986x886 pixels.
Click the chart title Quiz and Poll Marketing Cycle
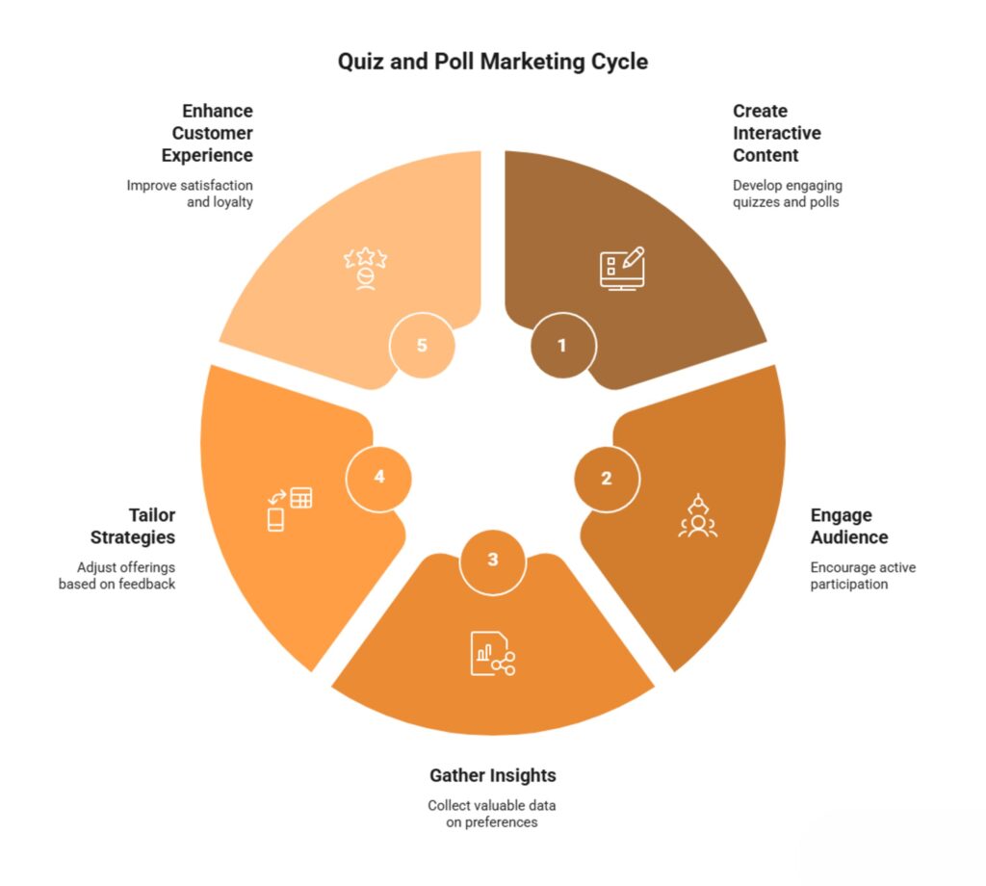[492, 62]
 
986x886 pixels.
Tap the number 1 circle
[562, 345]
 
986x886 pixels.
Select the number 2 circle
[607, 479]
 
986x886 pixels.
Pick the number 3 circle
[493, 560]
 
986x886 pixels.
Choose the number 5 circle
[422, 345]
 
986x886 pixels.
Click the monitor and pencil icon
[623, 269]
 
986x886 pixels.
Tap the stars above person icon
[365, 269]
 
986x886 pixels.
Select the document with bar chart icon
[493, 653]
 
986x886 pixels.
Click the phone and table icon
[290, 508]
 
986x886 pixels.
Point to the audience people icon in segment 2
[698, 515]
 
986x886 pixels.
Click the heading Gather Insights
[493, 775]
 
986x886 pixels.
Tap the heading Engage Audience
[849, 527]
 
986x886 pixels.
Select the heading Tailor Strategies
[133, 527]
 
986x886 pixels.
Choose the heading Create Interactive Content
[777, 133]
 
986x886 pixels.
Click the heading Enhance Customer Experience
[208, 133]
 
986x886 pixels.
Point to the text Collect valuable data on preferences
[492, 814]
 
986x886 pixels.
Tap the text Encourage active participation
[863, 575]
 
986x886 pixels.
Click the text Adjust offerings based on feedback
[117, 575]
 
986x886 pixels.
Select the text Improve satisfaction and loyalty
[190, 194]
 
